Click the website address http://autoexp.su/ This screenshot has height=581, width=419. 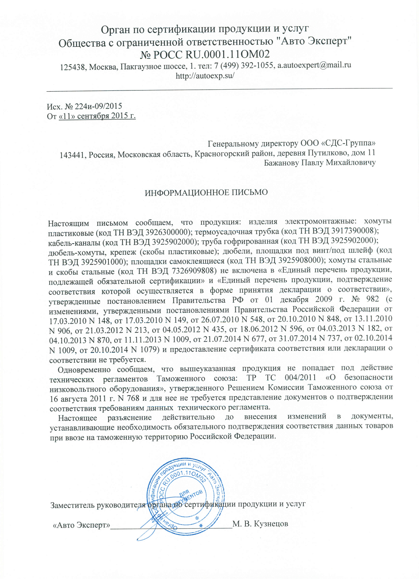(x=205, y=76)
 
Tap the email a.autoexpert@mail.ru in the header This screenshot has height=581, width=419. (x=314, y=65)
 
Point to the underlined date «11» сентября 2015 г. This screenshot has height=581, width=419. (x=97, y=116)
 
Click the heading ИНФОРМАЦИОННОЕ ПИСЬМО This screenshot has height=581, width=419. (x=206, y=192)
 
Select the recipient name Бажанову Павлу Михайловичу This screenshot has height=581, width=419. (x=320, y=163)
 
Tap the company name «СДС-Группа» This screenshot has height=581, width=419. (x=348, y=143)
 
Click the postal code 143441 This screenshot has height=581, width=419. (x=72, y=155)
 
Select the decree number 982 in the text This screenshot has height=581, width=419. (x=373, y=299)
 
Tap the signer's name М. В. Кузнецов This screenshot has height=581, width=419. (x=260, y=524)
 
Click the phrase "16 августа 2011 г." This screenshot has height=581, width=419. (x=80, y=398)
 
